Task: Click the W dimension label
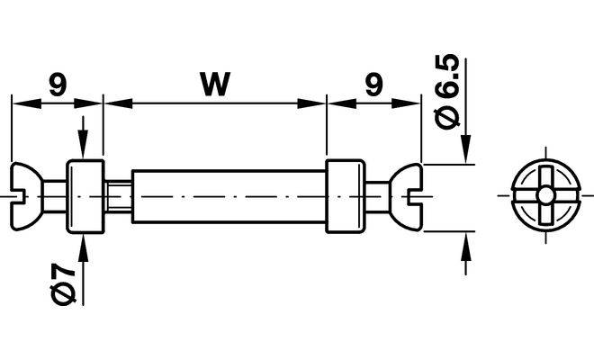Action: pos(215,84)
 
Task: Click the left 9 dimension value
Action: pos(58,85)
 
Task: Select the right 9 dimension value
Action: pos(373,85)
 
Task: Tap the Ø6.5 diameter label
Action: pos(447,92)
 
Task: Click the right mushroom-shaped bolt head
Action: pos(405,197)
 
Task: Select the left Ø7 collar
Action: pos(85,197)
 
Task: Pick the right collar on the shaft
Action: pos(345,197)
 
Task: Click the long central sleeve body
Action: pos(229,197)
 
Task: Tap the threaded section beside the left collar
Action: pos(118,197)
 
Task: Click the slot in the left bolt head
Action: pos(18,197)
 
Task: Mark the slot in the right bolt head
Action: pos(415,197)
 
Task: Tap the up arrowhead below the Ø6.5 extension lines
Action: pos(466,247)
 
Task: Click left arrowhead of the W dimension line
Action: pos(118,103)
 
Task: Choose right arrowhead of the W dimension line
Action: pos(311,103)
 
